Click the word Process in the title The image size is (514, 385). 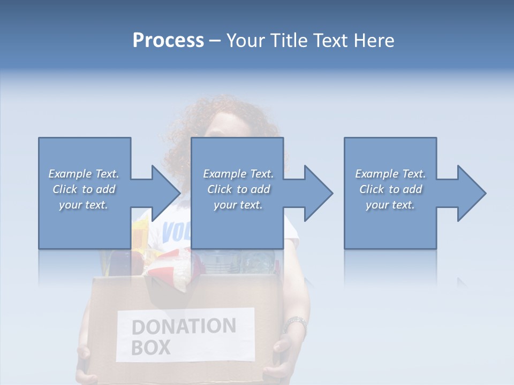(x=168, y=41)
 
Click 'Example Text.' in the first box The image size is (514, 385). (x=84, y=174)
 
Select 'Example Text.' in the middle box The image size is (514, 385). (x=238, y=174)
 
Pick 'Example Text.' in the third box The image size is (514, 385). (x=390, y=174)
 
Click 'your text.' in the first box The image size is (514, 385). (x=84, y=205)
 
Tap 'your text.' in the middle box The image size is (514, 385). (x=238, y=205)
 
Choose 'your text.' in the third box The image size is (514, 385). (x=390, y=205)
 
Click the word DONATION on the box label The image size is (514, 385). (x=184, y=326)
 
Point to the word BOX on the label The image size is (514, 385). (x=150, y=348)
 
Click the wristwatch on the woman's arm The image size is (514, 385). (x=294, y=324)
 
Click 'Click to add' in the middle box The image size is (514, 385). (x=238, y=189)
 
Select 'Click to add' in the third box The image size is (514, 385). (x=390, y=189)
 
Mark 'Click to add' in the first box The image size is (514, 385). (x=84, y=189)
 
